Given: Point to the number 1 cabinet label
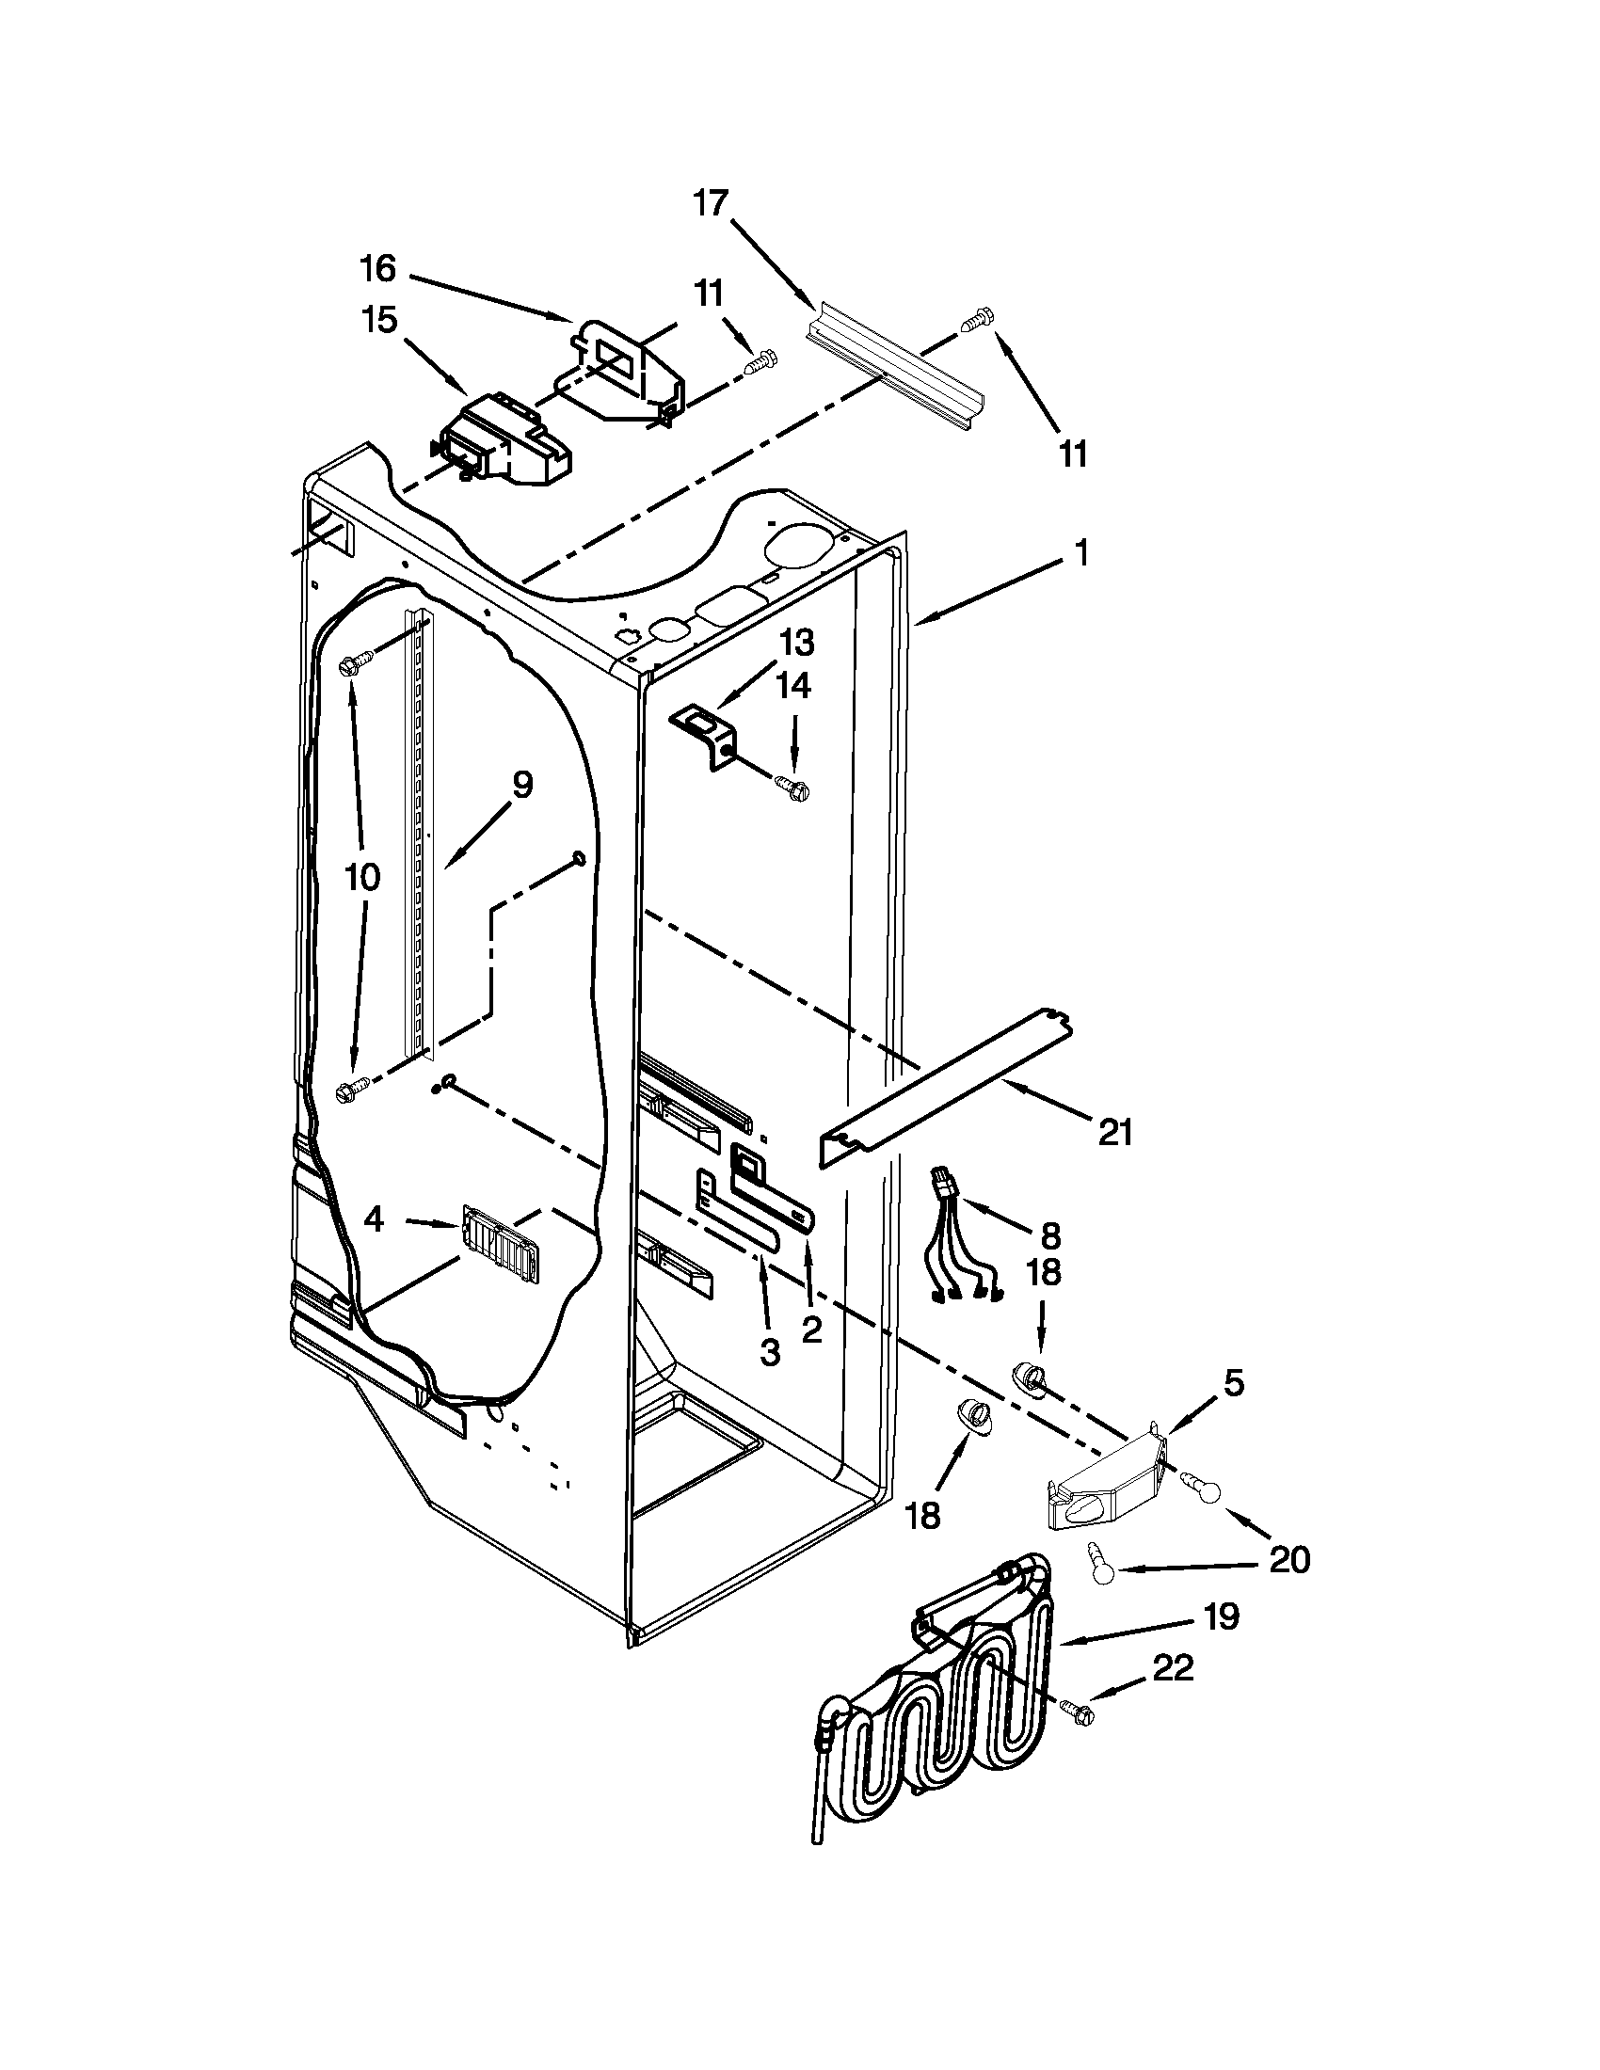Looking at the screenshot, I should click(1080, 553).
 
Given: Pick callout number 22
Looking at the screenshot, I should click(1173, 1668).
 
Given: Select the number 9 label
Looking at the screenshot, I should click(522, 785).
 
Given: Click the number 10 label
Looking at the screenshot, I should click(362, 877).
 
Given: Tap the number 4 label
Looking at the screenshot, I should click(375, 1220).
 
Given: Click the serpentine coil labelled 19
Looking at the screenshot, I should click(938, 1696).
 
